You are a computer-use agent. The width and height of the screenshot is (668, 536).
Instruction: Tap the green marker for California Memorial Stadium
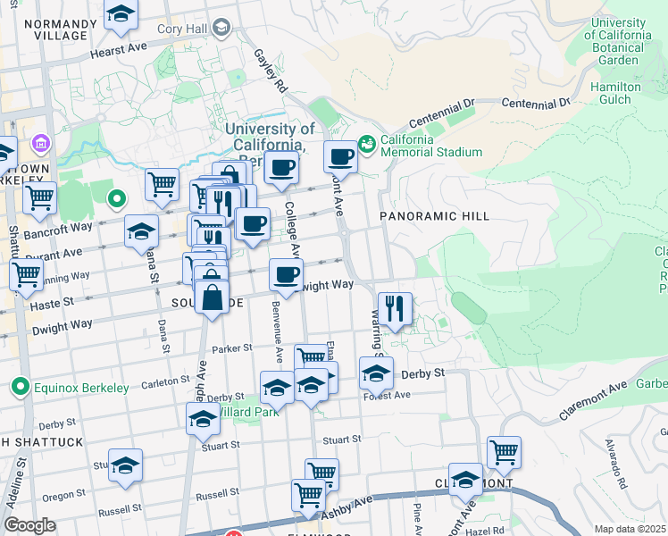(x=366, y=143)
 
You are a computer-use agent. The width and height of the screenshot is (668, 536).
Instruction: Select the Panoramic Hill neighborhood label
(x=434, y=216)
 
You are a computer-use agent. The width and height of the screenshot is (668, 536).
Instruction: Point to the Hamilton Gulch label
(x=615, y=93)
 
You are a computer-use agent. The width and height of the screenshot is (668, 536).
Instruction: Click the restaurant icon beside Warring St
(x=395, y=309)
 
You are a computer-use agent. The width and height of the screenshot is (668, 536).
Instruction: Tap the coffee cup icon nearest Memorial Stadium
(x=340, y=158)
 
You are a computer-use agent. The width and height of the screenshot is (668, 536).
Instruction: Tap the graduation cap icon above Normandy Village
(x=121, y=15)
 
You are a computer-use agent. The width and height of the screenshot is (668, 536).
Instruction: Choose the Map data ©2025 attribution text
(x=630, y=529)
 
